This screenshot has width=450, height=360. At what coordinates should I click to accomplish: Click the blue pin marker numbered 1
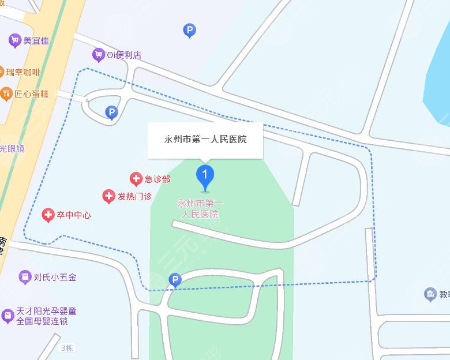205,175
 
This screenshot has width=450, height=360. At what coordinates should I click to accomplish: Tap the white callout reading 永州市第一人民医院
205,140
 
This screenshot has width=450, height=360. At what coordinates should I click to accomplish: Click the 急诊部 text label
157,179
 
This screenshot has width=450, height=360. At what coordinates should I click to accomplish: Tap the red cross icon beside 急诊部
136,179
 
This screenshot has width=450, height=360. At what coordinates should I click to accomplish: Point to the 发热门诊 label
134,197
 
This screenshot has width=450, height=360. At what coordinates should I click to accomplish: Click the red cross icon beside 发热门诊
108,197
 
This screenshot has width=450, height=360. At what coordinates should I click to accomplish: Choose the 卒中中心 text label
74,215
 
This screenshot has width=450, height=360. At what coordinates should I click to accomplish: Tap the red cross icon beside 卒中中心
48,216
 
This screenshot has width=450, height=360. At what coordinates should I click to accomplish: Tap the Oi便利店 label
124,55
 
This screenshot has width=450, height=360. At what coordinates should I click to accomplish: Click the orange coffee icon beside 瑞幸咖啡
1,73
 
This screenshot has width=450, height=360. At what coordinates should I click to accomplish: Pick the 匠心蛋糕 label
32,93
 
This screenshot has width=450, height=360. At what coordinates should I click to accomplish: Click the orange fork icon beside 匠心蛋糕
6,93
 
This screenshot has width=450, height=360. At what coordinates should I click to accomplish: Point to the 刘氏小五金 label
55,277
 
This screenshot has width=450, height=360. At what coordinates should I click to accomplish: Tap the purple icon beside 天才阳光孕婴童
7,316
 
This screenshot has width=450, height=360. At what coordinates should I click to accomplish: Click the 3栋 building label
67,348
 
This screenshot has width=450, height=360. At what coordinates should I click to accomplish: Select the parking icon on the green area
174,280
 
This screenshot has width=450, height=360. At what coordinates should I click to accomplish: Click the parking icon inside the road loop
112,112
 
